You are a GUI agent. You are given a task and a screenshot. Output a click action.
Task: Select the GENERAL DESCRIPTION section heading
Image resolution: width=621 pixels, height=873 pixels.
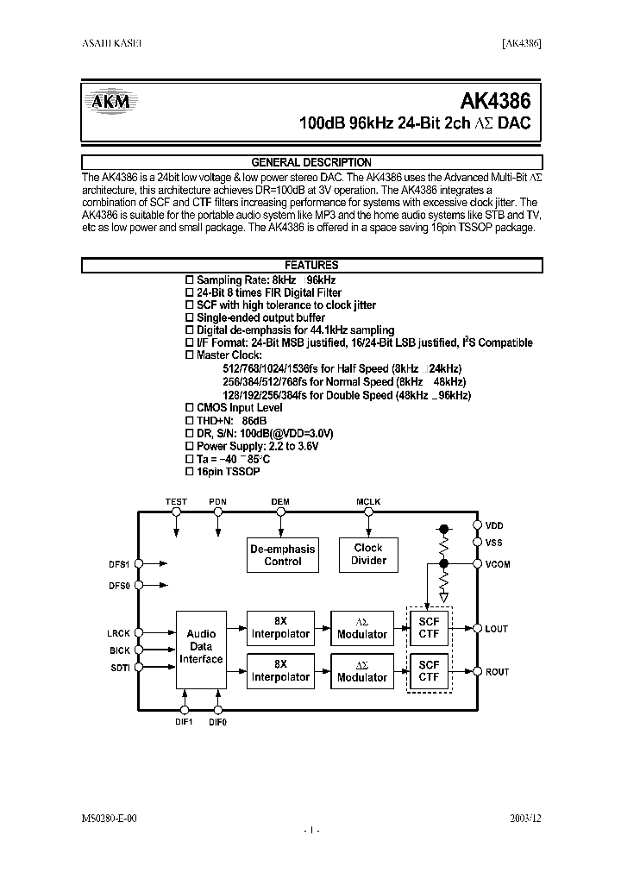[310, 162]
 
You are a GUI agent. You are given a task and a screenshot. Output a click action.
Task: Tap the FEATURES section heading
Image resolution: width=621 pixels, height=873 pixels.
[310, 266]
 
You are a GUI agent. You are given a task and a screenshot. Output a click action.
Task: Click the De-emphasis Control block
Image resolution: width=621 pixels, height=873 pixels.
[283, 555]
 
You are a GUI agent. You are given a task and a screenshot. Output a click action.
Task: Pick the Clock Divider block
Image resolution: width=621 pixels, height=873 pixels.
[368, 555]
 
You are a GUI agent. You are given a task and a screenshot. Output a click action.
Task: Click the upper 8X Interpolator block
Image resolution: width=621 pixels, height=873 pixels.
[280, 628]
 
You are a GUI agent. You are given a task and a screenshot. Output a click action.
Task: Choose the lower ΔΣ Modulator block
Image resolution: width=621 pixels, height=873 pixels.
[362, 671]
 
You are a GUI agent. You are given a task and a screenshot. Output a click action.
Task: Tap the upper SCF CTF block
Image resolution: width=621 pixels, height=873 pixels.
[429, 628]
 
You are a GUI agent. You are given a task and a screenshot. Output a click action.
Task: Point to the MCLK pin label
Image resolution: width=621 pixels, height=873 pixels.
[368, 501]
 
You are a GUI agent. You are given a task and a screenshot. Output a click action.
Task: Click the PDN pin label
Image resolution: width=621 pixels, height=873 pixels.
[218, 501]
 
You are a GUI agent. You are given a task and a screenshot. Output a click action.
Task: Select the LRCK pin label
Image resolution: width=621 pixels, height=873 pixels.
[118, 633]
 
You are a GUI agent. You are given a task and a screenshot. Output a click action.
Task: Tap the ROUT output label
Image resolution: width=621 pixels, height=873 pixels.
[498, 672]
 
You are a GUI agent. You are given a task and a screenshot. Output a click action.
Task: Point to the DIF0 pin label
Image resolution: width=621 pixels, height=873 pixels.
[218, 721]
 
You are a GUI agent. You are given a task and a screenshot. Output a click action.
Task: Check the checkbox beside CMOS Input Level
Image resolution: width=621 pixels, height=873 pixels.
[191, 407]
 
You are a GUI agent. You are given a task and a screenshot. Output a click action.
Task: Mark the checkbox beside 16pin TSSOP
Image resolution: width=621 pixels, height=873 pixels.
[191, 472]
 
